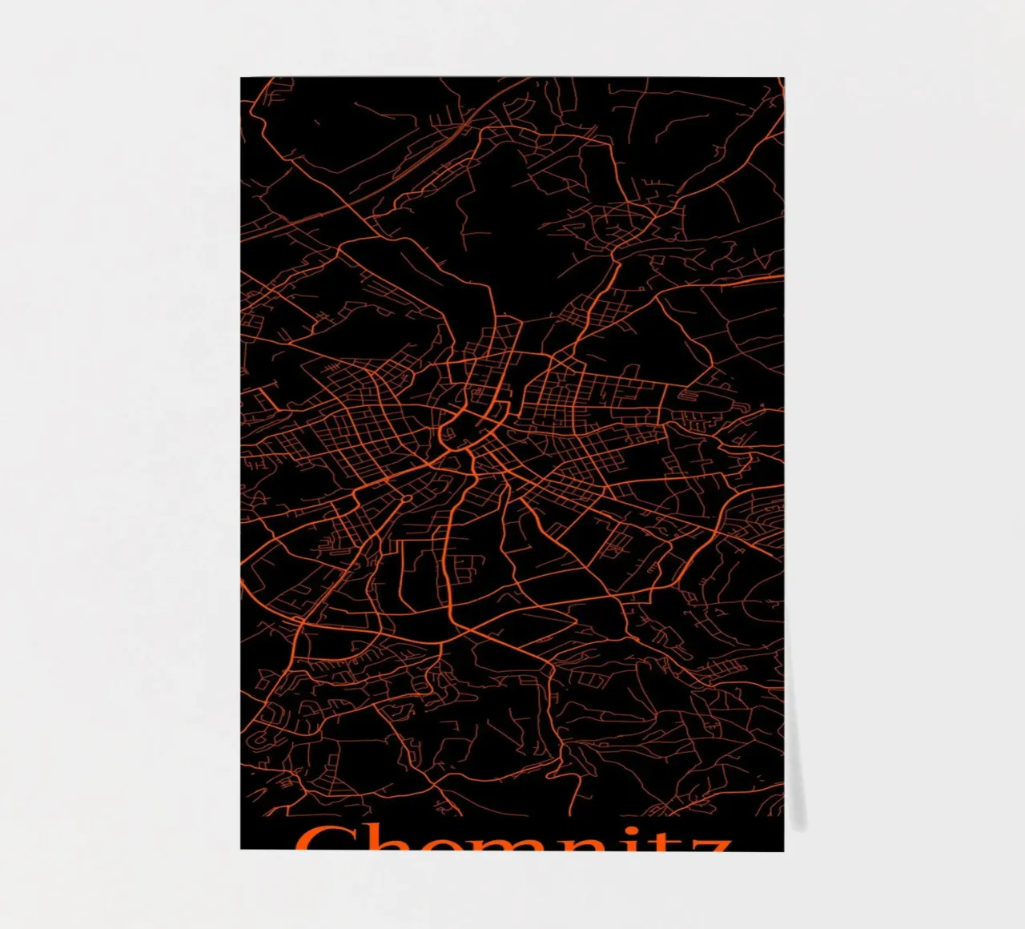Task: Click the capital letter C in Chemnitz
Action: [320, 839]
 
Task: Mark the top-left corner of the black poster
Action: [241, 78]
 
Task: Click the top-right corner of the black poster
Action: [783, 78]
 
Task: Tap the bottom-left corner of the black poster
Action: [241, 848]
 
